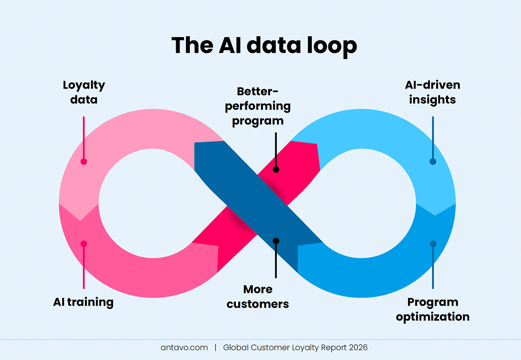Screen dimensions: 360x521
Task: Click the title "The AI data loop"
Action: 264,45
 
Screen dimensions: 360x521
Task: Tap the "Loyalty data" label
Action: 84,92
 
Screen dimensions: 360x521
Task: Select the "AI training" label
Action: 83,302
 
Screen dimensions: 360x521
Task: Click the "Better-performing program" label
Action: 257,106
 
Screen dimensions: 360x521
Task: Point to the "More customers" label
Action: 258,296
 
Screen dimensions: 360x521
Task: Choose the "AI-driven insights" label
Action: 432,92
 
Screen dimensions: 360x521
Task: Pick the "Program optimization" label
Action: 433,309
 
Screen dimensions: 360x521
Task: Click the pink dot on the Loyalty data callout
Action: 84,161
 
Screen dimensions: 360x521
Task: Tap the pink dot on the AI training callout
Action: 84,244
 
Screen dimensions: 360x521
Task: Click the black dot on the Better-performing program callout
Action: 276,169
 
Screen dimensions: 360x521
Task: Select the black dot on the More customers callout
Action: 276,241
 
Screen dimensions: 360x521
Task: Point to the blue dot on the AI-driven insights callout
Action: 433,161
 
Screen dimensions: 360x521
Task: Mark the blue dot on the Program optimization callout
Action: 433,244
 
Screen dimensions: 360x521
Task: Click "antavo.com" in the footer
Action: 184,347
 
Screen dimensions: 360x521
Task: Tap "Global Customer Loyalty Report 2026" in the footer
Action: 295,347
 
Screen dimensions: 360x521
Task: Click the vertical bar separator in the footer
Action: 215,347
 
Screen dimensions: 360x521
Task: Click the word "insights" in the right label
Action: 432,99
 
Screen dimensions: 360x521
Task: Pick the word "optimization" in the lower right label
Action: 433,317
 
